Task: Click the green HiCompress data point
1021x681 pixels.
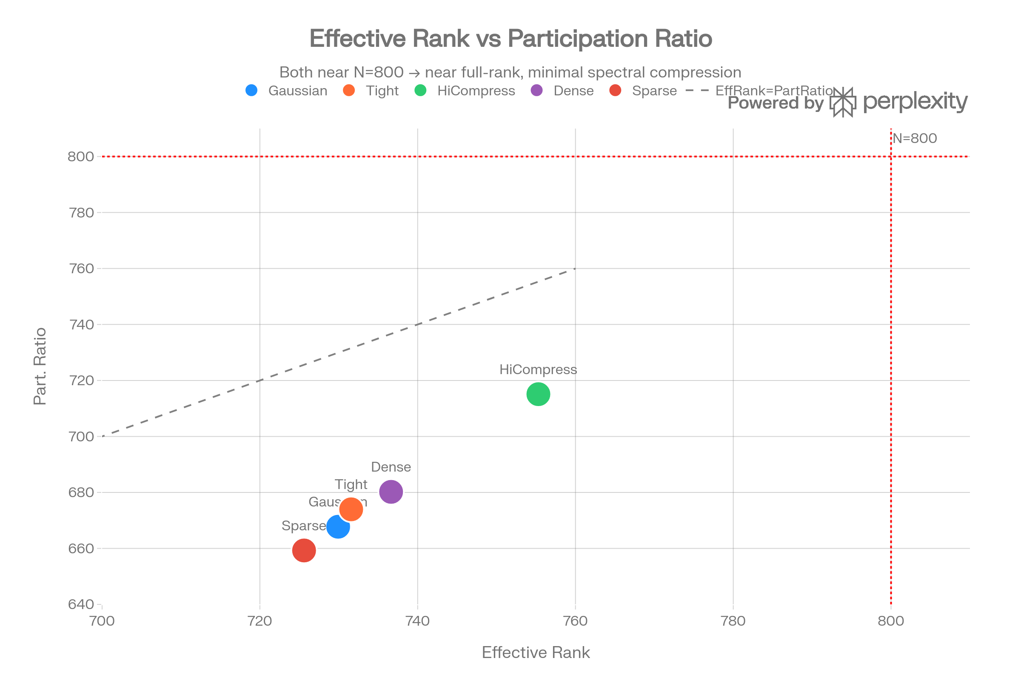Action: (538, 394)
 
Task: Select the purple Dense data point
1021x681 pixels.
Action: (391, 492)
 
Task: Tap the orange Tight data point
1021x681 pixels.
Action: (351, 509)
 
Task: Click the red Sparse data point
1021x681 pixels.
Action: (304, 550)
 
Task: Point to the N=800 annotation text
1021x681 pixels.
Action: (915, 139)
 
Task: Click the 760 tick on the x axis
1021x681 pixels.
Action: (575, 621)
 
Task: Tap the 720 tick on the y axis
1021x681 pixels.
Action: (82, 381)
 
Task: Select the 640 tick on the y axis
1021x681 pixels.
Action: (82, 604)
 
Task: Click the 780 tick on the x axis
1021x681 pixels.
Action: (733, 621)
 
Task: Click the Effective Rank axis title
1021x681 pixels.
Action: (536, 652)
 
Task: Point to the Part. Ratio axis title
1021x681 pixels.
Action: (40, 366)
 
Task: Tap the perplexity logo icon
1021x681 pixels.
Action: (843, 103)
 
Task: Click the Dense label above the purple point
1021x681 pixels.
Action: (391, 467)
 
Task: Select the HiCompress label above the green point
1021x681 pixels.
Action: (538, 369)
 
